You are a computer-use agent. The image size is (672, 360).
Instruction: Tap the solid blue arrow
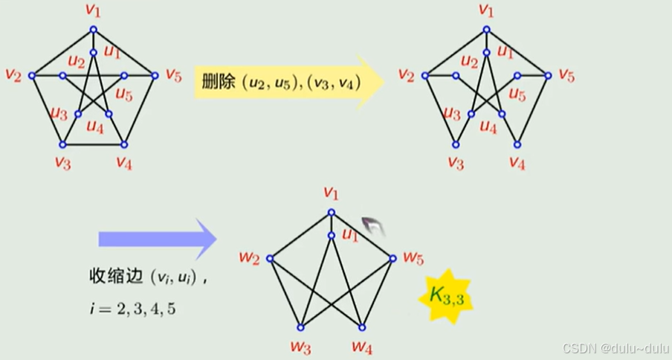tap(156, 239)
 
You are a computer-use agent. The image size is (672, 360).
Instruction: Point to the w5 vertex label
tap(413, 258)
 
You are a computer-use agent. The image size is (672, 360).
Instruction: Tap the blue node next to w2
tap(270, 259)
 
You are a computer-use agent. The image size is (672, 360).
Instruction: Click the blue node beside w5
tap(393, 259)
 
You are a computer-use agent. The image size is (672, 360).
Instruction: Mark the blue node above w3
tap(301, 327)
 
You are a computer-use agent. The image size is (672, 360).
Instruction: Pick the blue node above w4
tap(362, 327)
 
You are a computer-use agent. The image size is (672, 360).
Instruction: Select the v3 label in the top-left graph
tap(62, 163)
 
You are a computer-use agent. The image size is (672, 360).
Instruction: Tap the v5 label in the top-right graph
tap(566, 74)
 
